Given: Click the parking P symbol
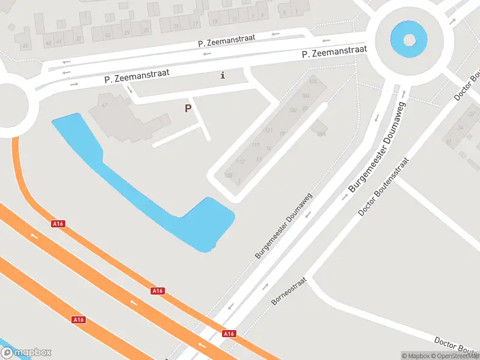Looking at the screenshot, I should [188, 109].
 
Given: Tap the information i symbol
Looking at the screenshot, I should [223, 75].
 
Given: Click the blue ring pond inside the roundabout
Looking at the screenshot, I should [409, 40].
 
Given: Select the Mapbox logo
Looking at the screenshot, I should [26, 353].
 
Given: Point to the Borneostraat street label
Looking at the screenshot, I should [289, 291].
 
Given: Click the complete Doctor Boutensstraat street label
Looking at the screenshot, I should [383, 187].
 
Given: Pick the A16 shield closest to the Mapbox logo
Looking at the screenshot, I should [79, 320].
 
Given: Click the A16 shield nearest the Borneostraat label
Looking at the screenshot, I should [229, 334].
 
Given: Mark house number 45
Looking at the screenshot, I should [25, 46].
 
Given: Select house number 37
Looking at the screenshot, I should [79, 39].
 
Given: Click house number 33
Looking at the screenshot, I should [108, 35].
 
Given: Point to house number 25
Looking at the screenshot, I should [146, 30].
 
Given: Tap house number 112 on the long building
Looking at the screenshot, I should [241, 162].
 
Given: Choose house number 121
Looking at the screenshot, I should [269, 130].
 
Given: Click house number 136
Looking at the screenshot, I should [312, 81].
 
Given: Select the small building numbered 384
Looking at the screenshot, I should [321, 133].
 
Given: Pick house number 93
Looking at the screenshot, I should [448, 142].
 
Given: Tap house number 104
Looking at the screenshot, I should [306, 96].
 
